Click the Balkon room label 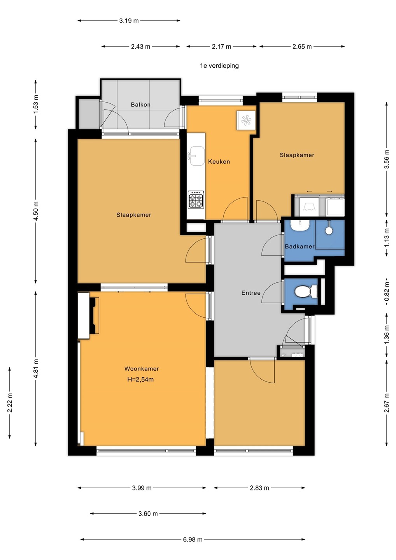point(140,105)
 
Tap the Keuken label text point(219,161)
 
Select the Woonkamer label point(142,369)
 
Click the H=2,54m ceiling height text point(140,380)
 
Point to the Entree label point(251,293)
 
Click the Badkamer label point(300,247)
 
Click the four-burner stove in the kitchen point(196,199)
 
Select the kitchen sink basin point(197,156)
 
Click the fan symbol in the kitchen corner point(246,121)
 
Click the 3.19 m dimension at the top point(129,21)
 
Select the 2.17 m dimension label point(221,47)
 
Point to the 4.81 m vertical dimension point(36,369)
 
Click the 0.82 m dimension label point(387,292)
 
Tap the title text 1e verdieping point(219,66)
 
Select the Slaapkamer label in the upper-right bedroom point(297,155)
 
